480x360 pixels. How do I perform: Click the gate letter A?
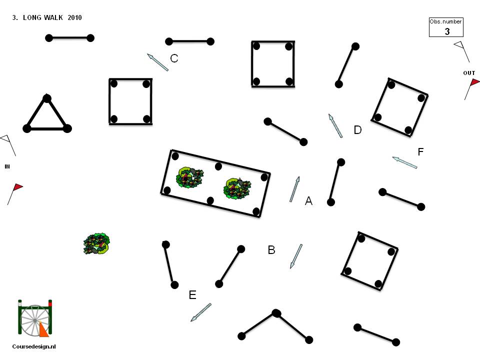coord(308,201)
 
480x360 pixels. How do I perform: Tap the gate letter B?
coord(271,250)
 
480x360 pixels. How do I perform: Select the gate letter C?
coord(174,58)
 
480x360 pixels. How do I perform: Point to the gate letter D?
coord(357,130)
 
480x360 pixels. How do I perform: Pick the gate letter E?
coord(192,295)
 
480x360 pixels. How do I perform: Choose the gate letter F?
coord(420,151)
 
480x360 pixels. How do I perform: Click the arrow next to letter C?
coord(157,62)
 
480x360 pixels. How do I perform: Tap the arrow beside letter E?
coord(201,312)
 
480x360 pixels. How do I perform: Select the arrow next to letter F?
coord(404,162)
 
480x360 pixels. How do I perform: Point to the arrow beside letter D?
coord(335,125)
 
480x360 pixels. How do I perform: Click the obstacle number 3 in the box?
coord(447,31)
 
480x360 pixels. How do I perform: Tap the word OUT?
coord(469,73)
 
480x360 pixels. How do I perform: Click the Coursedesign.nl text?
coord(34,346)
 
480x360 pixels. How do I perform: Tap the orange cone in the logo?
coord(44,329)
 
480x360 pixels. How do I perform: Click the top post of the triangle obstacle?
coord(47,98)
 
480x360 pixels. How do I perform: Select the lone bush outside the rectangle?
coord(96,243)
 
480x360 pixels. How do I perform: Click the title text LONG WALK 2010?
coord(52,17)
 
